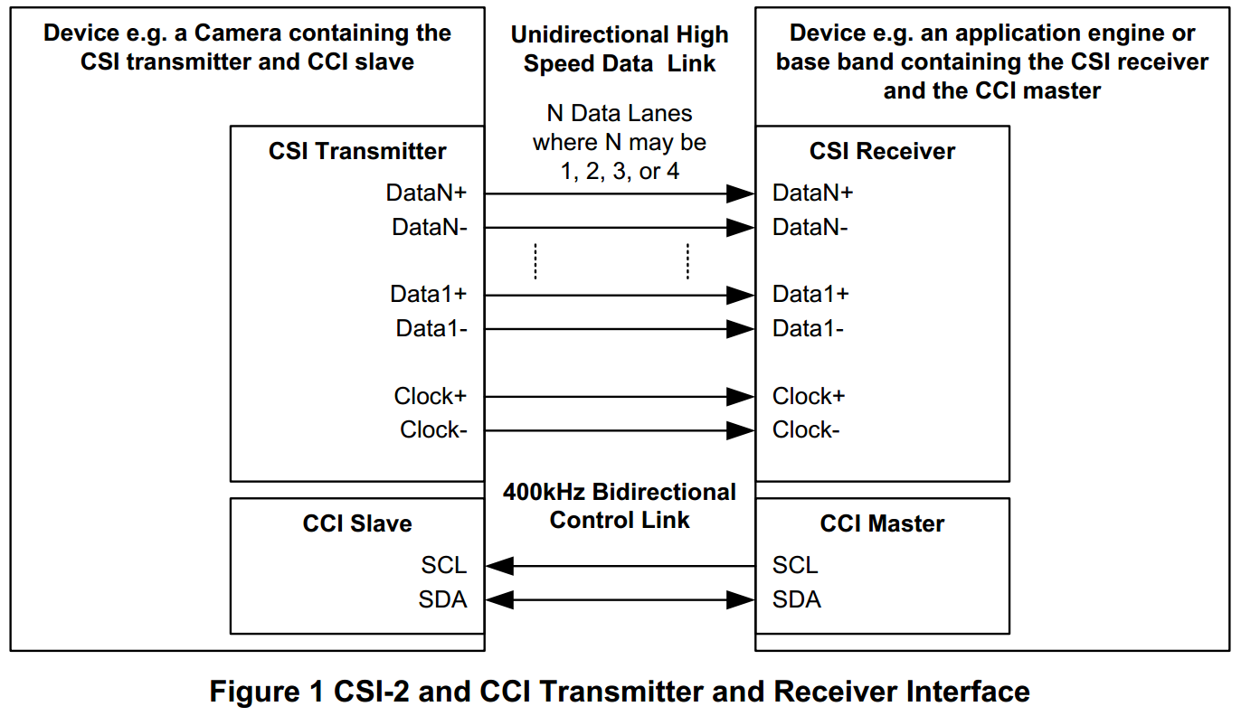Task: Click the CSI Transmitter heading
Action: click(x=357, y=151)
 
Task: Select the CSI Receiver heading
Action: click(x=882, y=151)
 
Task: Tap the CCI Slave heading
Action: click(x=357, y=523)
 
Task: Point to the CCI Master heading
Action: click(x=882, y=523)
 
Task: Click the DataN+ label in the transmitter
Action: click(x=426, y=193)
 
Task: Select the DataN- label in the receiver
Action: click(x=810, y=228)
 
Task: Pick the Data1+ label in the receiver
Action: click(x=810, y=295)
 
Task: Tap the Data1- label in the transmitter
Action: click(x=431, y=329)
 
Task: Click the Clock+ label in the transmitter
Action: click(x=430, y=396)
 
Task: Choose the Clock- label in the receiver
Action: click(x=805, y=430)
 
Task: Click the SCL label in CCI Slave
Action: click(x=444, y=566)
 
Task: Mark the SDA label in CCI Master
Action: click(x=796, y=599)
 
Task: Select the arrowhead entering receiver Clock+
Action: click(x=742, y=396)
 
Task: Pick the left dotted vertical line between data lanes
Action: click(x=535, y=261)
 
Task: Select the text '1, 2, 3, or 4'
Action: click(x=620, y=172)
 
